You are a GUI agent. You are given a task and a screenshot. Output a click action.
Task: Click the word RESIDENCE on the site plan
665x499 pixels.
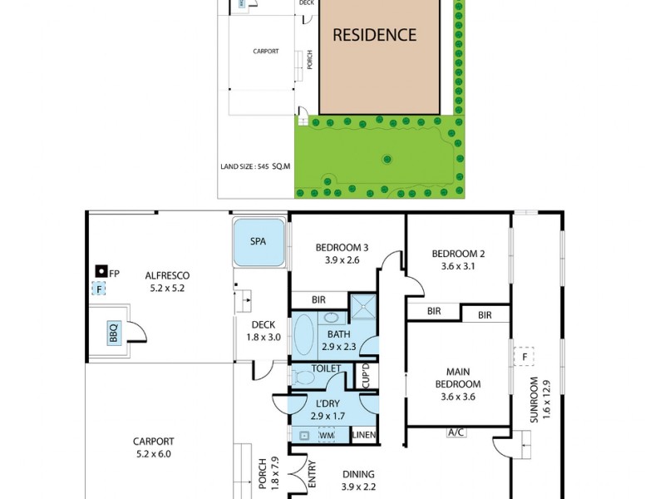374,35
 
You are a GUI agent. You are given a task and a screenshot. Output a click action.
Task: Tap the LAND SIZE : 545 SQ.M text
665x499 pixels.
255,166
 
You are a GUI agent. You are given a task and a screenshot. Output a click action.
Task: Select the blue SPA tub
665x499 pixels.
259,242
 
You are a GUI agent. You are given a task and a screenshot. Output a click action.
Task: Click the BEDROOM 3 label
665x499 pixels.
341,248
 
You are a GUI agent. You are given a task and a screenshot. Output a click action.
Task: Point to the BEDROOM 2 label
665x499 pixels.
458,254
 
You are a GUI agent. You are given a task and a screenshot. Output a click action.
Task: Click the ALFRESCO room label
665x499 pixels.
167,276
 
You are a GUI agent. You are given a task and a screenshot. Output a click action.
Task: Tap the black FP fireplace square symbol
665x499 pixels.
101,271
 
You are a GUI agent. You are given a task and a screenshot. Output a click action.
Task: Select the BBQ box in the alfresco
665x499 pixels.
113,333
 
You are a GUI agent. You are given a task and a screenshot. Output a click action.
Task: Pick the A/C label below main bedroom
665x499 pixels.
456,432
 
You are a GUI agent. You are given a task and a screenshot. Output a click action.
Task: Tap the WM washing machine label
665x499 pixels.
327,434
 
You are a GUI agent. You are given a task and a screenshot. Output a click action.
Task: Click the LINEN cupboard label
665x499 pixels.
364,435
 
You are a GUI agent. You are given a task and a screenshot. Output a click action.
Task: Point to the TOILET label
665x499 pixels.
327,368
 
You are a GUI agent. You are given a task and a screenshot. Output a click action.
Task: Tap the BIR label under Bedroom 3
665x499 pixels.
318,299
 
